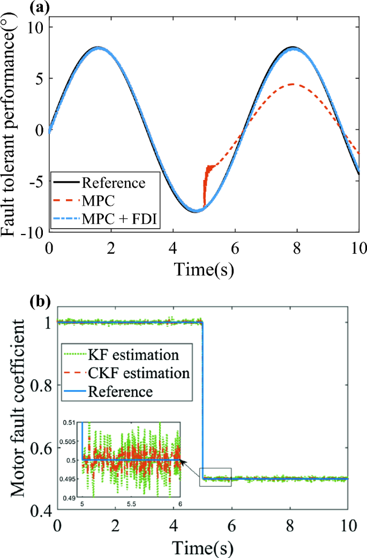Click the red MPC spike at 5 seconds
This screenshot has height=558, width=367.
[205, 182]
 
